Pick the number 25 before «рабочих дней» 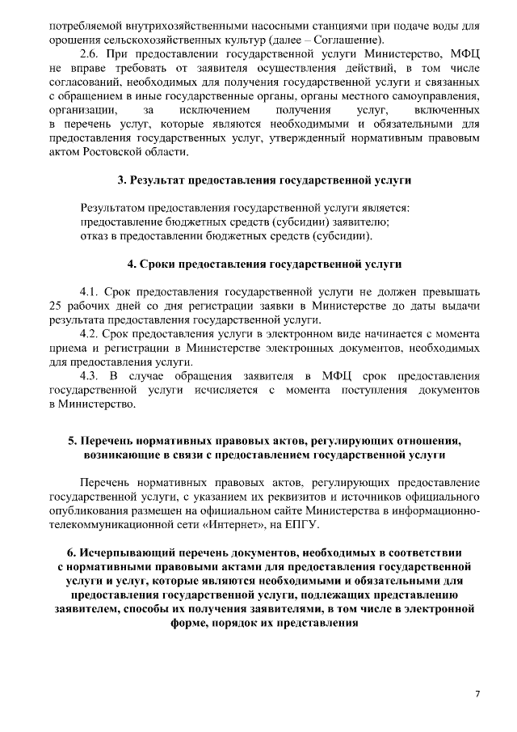55,306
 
